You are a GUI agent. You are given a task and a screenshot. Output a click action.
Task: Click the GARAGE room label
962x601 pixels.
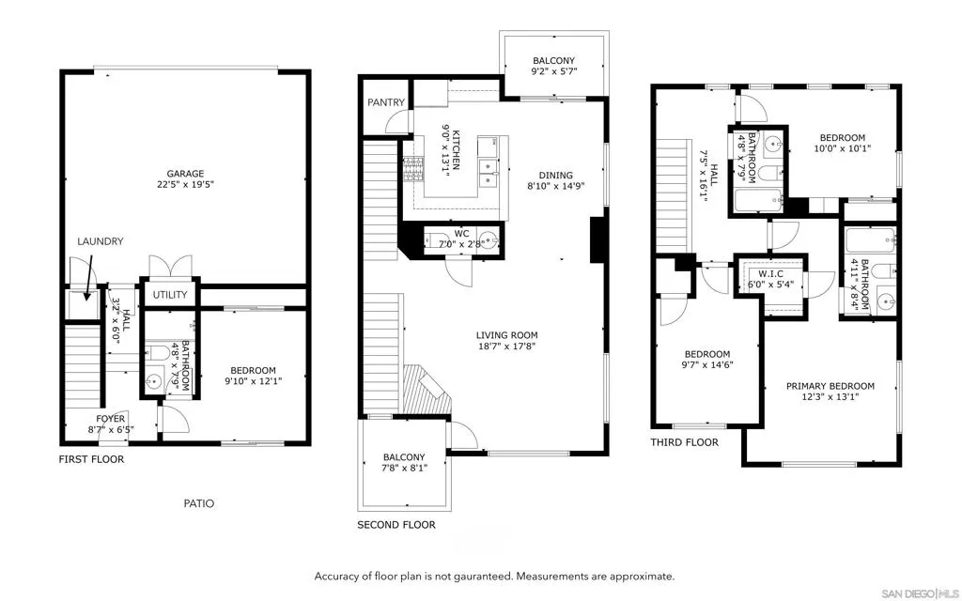coord(186,173)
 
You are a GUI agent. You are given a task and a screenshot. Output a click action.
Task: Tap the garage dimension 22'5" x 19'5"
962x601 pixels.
coord(186,185)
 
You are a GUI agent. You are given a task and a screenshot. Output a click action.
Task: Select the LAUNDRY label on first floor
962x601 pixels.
coord(100,241)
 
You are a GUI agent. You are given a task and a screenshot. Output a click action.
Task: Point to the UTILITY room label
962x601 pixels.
coord(169,295)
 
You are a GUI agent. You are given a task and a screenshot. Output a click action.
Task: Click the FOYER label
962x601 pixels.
coord(110,419)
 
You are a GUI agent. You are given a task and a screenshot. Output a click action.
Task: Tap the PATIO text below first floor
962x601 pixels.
coord(198,503)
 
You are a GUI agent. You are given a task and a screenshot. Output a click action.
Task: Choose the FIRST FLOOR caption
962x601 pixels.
coord(91,459)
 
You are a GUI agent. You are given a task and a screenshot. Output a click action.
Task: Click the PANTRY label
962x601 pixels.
coord(386,102)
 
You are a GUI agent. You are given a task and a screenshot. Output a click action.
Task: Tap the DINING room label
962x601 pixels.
coord(555,175)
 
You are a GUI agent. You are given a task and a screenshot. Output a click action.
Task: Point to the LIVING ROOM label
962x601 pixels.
coord(506,334)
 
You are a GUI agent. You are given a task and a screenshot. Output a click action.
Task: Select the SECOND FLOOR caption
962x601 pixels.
coord(396,525)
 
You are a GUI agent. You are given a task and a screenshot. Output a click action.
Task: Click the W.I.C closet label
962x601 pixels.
coord(770,275)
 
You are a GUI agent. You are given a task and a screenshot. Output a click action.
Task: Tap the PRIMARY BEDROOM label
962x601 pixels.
coord(830,386)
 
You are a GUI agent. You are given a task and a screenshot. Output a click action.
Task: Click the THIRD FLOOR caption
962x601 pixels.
coord(684,442)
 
